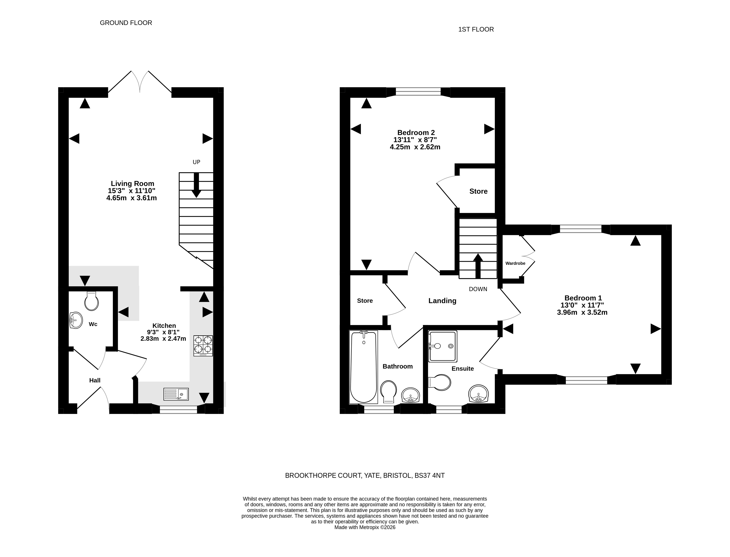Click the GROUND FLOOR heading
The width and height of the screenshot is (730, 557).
point(126,23)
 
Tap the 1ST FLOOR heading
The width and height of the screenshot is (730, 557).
point(476,30)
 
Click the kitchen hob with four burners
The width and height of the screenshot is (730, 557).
point(203,346)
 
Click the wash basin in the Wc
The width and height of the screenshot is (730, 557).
point(76,320)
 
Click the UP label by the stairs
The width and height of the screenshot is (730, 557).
point(196,162)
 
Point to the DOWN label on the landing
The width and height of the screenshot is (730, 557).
point(478,289)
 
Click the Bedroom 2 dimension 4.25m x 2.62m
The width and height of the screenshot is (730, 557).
point(415,147)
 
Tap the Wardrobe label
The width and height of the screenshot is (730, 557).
point(515,263)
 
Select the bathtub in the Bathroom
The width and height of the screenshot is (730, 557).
point(364,367)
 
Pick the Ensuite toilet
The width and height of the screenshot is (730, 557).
point(440,383)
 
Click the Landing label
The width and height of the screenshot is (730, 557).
point(442,301)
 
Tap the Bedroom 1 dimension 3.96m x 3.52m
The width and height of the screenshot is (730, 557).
point(582,312)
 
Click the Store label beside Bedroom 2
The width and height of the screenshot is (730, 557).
point(478,191)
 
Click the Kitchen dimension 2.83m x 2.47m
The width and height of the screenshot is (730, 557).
point(163,339)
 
